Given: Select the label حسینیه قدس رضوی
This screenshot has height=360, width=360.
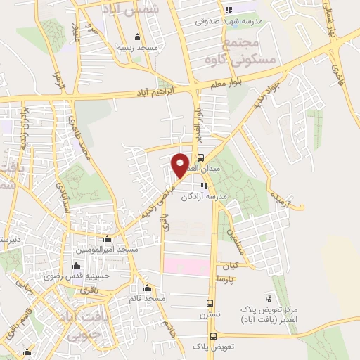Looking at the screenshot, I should [82, 276].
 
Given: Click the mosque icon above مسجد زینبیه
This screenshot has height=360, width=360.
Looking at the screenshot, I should [136, 37].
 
